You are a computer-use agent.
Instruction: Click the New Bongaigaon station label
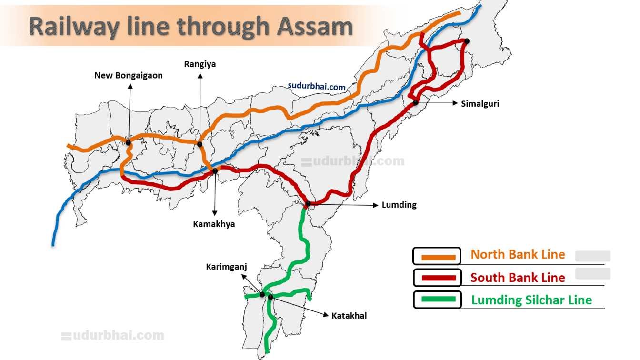[x=128, y=75]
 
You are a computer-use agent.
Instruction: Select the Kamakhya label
[x=214, y=224]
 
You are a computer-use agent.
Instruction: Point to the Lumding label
[x=399, y=205]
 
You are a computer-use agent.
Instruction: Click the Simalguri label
[x=480, y=103]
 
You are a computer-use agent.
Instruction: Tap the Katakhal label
[x=349, y=315]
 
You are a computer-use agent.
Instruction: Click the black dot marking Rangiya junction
[x=200, y=144]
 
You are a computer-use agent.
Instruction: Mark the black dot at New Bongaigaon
[x=128, y=142]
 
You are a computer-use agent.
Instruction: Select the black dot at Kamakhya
[x=215, y=170]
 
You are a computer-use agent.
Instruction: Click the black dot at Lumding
[x=308, y=204]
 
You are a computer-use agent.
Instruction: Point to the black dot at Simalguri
[x=415, y=102]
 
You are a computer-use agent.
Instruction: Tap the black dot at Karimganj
[x=262, y=295]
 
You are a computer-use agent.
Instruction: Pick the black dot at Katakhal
[x=270, y=297]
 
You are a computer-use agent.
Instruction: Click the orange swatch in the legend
[x=437, y=256]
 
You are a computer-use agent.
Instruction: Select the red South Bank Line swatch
[x=437, y=278]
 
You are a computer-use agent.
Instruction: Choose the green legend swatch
[x=437, y=300]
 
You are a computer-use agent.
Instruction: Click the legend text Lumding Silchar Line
[x=531, y=300]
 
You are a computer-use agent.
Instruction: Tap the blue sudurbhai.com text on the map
[x=316, y=87]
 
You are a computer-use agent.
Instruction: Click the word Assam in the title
[x=314, y=26]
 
